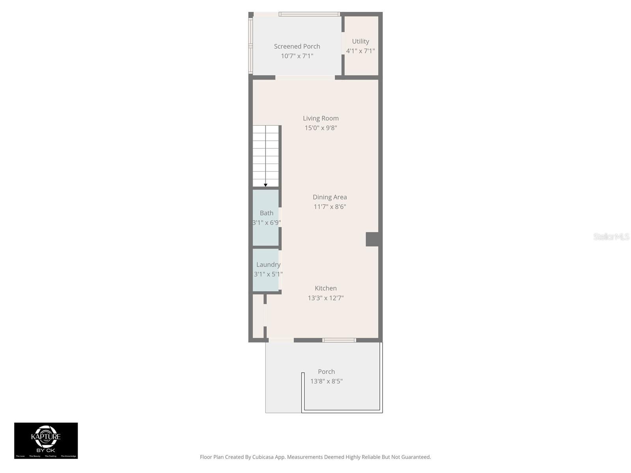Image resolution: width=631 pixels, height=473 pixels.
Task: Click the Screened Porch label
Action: pyautogui.click(x=297, y=47)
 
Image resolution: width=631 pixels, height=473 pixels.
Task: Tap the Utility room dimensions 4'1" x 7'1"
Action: pyautogui.click(x=360, y=51)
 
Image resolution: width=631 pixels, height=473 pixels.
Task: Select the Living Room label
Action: pyautogui.click(x=321, y=118)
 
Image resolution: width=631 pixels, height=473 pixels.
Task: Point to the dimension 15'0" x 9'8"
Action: pyautogui.click(x=321, y=128)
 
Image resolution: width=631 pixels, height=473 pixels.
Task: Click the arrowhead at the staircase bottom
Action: pyautogui.click(x=265, y=185)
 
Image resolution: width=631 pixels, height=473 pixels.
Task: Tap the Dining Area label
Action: pyautogui.click(x=330, y=197)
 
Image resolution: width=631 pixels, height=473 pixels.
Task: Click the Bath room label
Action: pyautogui.click(x=267, y=213)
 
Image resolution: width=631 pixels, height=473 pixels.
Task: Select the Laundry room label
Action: pyautogui.click(x=268, y=264)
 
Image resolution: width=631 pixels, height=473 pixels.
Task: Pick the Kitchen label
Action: pyautogui.click(x=326, y=288)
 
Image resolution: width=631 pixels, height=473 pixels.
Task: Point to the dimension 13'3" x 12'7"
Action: pyautogui.click(x=326, y=298)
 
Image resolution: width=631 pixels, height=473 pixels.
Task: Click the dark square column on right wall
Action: pyautogui.click(x=373, y=239)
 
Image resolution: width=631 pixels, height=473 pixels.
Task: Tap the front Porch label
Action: pyautogui.click(x=326, y=372)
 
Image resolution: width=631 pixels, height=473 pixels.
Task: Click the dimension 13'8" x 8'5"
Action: pyautogui.click(x=326, y=381)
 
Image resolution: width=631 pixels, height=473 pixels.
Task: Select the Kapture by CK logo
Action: pyautogui.click(x=46, y=440)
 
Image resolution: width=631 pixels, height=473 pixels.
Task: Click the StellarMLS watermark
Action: pyautogui.click(x=611, y=236)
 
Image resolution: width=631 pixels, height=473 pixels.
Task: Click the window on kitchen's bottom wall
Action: pyautogui.click(x=339, y=340)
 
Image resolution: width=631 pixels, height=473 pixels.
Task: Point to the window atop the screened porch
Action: pyautogui.click(x=309, y=14)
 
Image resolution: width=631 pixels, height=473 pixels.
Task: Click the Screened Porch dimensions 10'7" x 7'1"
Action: pyautogui.click(x=297, y=56)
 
